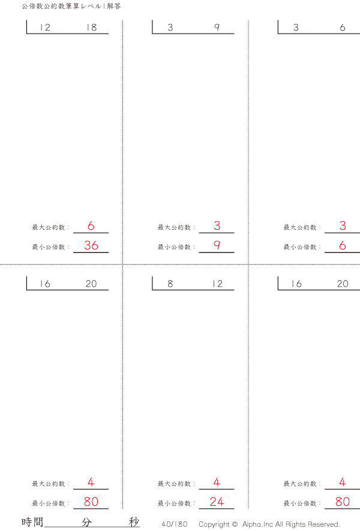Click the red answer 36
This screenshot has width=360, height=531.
pos(91,245)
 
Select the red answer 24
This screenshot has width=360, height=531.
pos(217,502)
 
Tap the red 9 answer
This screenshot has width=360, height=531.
pos(217,245)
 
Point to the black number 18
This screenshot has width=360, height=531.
pos(91,28)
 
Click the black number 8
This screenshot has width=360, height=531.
pos(170,284)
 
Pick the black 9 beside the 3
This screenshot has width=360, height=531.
pos(217,28)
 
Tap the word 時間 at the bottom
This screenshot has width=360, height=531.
pos(32,522)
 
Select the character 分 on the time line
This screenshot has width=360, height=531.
pos(87,522)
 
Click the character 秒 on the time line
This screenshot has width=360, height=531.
pos(134,522)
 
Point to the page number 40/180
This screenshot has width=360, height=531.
pos(175,524)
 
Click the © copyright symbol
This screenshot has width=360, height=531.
pos(234,524)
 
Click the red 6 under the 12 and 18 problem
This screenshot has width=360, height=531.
pos(91,226)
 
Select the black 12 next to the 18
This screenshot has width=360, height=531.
pos(44,28)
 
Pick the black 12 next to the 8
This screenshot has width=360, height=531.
pos(217,284)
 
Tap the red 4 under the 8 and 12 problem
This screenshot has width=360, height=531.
pos(217,482)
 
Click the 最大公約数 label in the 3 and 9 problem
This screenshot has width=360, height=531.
pos(174,227)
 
